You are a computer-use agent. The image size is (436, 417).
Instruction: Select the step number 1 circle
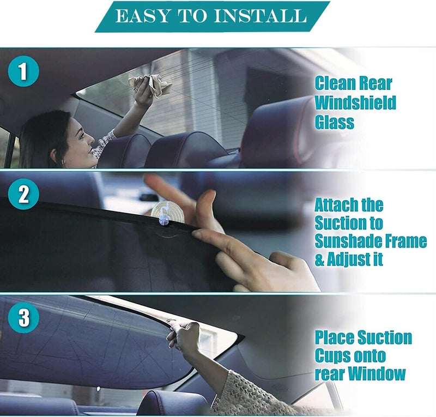23,71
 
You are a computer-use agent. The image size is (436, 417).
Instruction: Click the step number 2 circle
23,194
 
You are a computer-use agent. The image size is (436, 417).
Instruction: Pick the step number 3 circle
23,317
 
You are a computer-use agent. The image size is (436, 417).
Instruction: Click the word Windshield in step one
355,102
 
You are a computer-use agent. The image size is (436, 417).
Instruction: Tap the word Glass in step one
334,122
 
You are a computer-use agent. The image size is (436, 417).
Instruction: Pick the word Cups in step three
332,356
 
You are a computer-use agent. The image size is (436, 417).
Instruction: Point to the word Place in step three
334,337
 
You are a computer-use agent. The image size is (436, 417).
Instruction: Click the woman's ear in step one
54,155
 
